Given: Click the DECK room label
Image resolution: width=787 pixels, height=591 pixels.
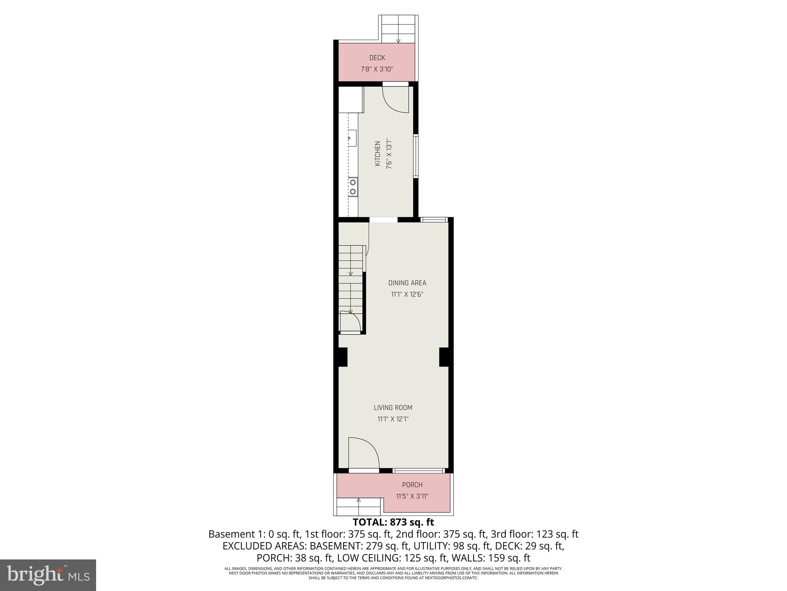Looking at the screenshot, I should [x=377, y=58].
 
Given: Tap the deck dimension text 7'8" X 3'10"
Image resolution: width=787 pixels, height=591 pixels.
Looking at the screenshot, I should [x=377, y=70].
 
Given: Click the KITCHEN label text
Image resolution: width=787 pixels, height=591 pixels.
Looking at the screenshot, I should [x=378, y=154].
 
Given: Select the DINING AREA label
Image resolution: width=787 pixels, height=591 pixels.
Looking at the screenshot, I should [x=407, y=283].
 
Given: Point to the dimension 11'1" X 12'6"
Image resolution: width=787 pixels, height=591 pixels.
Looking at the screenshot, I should [x=407, y=295].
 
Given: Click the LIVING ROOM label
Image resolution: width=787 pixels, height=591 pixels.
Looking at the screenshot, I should [x=393, y=407].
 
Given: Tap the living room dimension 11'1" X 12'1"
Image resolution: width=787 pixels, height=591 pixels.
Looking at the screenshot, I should [x=393, y=419].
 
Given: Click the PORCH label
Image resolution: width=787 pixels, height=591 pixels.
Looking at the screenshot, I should [x=412, y=485].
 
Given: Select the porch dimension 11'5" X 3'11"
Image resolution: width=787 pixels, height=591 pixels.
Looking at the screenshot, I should [x=412, y=496].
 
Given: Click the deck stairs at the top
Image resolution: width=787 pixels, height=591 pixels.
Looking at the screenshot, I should [x=398, y=29].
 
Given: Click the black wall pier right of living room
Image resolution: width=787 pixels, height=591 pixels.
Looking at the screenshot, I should [x=444, y=357].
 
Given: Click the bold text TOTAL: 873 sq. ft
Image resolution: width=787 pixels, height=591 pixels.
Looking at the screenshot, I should [x=393, y=523].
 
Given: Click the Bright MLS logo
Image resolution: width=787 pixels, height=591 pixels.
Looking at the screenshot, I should [x=48, y=575].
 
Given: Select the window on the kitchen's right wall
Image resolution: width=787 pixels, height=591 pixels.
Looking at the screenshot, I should [x=416, y=156].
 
